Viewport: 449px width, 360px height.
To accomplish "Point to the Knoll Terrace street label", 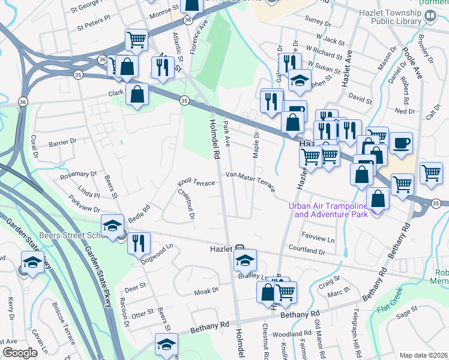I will (196, 182).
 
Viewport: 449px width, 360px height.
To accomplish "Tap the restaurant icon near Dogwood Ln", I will (139, 244).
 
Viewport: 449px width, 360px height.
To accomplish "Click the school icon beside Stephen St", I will (298, 80).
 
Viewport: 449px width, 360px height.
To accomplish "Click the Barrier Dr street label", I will (64, 143).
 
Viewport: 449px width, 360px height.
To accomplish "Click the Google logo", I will (20, 353).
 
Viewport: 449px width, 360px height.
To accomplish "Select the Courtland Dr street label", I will (306, 250).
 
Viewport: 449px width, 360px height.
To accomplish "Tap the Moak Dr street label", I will (206, 291).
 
